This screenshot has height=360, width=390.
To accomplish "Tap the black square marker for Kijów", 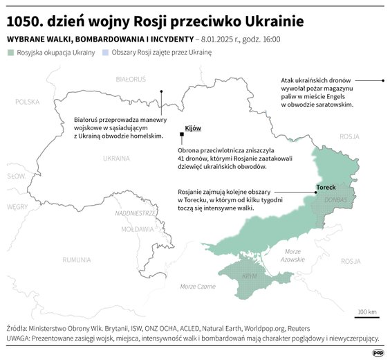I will (180, 134).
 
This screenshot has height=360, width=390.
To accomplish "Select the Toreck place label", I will (326, 188).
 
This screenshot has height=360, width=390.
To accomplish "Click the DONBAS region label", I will (335, 199).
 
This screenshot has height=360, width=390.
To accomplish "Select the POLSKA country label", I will (28, 102).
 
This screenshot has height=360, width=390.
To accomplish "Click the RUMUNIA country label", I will (76, 260).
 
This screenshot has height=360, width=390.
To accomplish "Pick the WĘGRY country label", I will (17, 206).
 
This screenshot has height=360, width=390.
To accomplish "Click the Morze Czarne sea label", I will (198, 286).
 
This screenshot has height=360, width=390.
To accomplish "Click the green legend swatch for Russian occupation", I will (10, 52).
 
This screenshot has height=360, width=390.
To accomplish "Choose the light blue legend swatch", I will (105, 52).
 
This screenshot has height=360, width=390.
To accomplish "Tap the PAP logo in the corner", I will (377, 352).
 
